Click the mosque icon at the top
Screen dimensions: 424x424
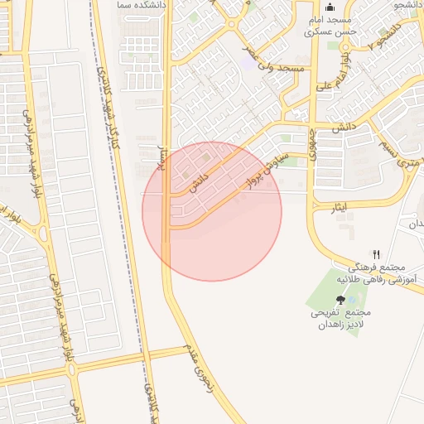click(330, 7)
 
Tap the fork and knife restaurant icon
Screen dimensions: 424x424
click(377, 254)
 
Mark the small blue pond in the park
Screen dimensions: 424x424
click(354, 276)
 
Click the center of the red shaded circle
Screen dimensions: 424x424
click(212, 211)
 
